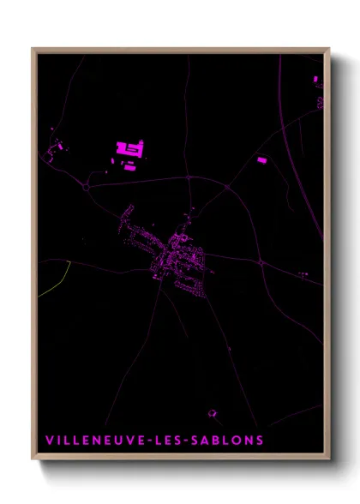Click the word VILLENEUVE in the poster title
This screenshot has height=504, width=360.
click(x=94, y=441)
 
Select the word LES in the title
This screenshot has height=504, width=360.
click(x=171, y=441)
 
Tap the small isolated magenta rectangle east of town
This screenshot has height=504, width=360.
click(x=262, y=159)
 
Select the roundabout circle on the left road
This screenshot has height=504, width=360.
click(x=86, y=184)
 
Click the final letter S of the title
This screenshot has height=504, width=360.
click(x=259, y=441)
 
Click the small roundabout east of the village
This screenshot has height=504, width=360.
click(x=261, y=264)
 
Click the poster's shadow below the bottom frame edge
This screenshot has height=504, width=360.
click(x=184, y=468)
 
